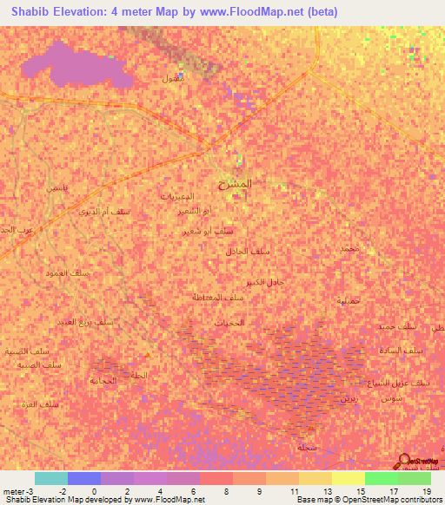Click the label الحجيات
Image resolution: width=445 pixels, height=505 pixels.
229,322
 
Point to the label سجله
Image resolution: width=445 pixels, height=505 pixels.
305,447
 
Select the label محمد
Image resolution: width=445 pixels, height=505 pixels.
350,249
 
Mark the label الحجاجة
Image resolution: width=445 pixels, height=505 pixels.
103,380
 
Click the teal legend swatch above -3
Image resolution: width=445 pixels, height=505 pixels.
50,478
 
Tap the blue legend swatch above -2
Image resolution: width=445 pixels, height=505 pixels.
83,478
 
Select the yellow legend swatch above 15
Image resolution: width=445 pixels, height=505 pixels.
348,478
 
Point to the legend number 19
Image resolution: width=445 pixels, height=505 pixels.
427,491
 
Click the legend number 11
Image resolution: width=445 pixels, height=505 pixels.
295,491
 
